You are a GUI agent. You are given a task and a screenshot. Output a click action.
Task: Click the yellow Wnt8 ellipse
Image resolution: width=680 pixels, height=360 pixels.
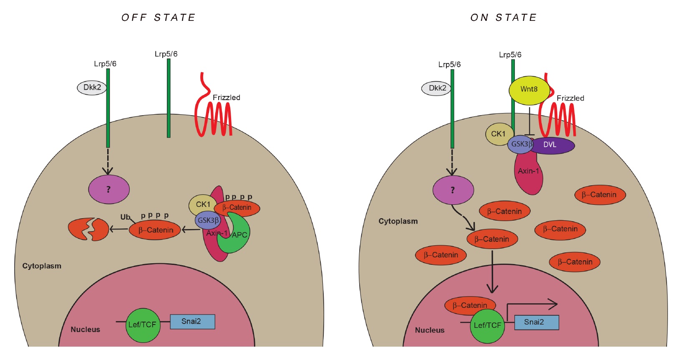[529, 90]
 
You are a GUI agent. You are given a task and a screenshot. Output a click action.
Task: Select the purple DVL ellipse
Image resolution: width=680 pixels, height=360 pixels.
[552, 145]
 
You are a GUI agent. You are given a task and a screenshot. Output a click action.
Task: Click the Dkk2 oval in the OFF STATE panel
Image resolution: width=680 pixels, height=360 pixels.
[92, 88]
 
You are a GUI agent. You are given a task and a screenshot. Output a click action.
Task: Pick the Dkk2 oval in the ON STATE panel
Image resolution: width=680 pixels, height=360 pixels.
[436, 88]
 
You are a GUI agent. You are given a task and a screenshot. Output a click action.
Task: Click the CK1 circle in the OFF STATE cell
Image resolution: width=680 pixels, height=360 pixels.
[202, 204]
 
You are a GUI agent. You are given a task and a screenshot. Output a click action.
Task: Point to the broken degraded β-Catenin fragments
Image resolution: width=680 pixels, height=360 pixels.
[88, 229]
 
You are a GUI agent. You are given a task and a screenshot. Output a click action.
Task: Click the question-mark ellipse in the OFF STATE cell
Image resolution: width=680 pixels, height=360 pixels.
[109, 189]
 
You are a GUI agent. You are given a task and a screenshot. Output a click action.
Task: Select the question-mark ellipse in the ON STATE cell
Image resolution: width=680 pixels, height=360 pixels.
[453, 190]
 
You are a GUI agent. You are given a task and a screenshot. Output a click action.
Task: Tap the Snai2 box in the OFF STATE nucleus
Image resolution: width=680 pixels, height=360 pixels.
[192, 322]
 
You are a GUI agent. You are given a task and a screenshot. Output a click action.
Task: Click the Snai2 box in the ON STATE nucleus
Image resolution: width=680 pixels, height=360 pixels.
[536, 322]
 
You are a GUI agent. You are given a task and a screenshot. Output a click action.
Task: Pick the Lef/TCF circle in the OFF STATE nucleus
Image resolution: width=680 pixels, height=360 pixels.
[142, 325]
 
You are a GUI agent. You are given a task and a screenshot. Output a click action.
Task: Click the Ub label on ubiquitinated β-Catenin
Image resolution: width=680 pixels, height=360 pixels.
[125, 217]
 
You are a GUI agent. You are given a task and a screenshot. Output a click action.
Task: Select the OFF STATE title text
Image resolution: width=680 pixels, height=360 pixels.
[158, 18]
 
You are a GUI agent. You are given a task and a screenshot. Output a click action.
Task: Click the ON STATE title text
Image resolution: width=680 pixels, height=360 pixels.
[503, 18]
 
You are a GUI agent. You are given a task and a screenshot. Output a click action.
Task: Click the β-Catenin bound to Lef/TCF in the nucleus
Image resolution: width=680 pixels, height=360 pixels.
[470, 305]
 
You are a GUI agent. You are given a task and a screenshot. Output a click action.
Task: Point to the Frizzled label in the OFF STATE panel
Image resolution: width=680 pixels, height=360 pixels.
[227, 98]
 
